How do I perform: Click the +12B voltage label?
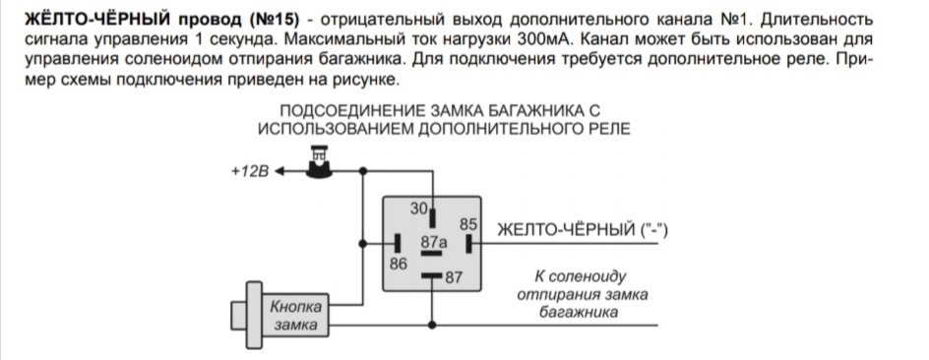[x=249, y=170]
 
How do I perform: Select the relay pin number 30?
[x=419, y=208]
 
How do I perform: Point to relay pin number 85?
[x=467, y=223]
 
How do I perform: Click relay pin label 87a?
[x=434, y=241]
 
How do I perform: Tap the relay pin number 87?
[x=453, y=277]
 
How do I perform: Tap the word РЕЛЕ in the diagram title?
[x=607, y=128]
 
